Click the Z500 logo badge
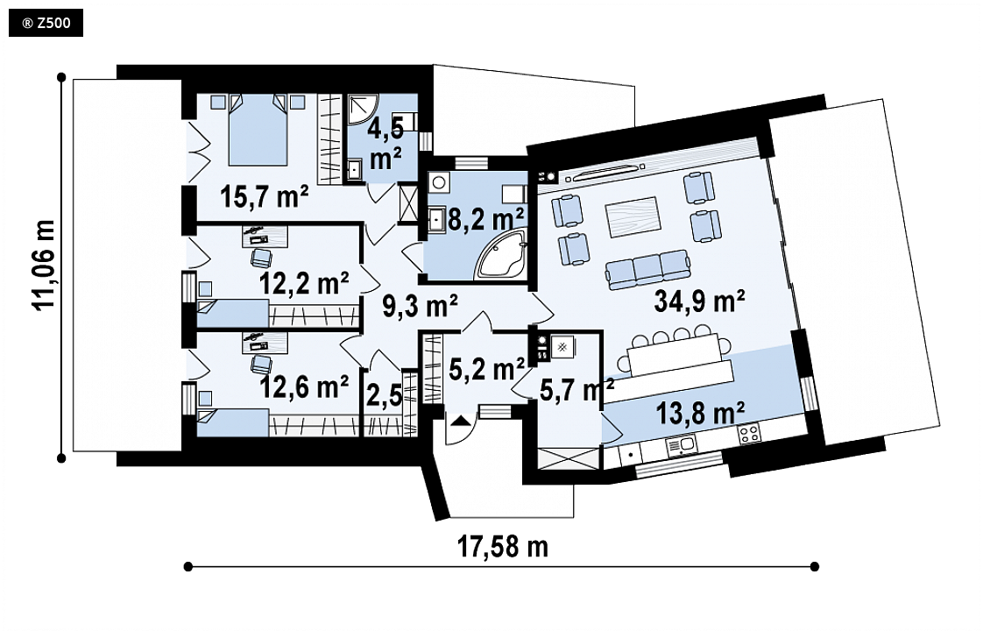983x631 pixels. pos(46,23)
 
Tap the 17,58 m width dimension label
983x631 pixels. pos(502,546)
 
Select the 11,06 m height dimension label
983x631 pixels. pos(45,265)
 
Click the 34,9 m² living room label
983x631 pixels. pos(699,301)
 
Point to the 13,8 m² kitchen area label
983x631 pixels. pos(700,414)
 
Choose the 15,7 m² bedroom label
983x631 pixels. pos(264,196)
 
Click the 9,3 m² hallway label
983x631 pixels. pos(420,306)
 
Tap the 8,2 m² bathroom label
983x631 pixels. pos(486,219)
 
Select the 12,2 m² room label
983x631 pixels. pos(304,283)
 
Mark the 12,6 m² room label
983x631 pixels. pos(304,386)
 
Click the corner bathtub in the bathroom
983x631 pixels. pos(501,255)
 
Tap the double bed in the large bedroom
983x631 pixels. pos(258,130)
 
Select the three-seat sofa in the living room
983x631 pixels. pos(647,269)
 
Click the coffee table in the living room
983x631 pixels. pos(633,217)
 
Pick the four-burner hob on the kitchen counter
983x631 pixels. pos(748,434)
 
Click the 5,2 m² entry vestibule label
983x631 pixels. pos(487,369)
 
